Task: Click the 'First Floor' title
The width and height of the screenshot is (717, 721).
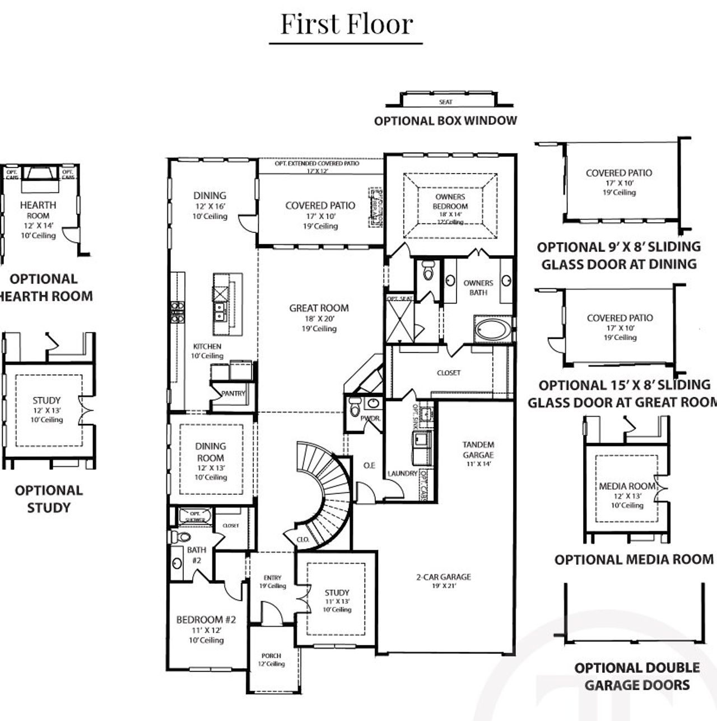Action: click(346, 24)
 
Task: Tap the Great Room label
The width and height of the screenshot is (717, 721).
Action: click(319, 308)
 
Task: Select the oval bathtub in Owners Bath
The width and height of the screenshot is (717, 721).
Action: click(492, 330)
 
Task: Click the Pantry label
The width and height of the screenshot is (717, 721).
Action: click(233, 394)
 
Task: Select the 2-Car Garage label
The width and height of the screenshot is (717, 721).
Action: click(443, 577)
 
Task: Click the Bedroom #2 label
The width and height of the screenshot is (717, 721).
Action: click(206, 620)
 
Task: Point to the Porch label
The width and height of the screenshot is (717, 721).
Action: click(271, 656)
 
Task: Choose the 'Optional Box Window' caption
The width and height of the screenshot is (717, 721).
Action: click(445, 121)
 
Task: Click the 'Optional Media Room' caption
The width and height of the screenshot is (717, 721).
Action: click(634, 559)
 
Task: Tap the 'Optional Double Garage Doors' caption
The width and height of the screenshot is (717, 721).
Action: click(637, 676)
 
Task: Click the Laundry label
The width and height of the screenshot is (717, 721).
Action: click(402, 474)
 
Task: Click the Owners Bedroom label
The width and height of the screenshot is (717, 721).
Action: click(450, 202)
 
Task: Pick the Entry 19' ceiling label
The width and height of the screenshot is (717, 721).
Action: click(273, 582)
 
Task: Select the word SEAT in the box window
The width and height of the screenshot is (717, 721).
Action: click(446, 102)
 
